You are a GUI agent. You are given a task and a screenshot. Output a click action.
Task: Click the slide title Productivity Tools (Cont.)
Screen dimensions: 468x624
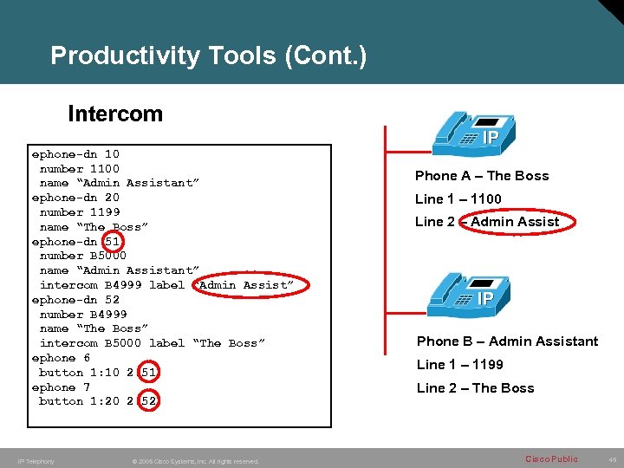point(208,56)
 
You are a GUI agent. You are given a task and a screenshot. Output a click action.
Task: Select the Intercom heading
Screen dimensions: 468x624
point(114,114)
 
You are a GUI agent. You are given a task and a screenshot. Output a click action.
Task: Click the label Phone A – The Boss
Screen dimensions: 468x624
point(482,176)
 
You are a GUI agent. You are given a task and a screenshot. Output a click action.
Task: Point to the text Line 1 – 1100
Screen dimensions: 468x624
point(458,199)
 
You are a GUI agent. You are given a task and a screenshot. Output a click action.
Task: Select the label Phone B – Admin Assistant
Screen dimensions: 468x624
point(507,341)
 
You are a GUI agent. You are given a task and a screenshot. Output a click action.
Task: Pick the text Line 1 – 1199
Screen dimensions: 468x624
point(459,365)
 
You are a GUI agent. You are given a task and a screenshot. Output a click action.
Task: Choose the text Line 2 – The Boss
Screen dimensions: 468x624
point(475,388)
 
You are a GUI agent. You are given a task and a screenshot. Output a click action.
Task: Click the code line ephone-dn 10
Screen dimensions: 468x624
point(75,154)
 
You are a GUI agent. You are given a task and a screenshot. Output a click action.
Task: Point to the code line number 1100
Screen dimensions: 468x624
point(80,169)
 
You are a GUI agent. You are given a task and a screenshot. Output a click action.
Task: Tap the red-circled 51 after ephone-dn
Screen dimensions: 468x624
point(113,242)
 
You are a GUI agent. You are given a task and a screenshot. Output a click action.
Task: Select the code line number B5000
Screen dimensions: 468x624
point(83,256)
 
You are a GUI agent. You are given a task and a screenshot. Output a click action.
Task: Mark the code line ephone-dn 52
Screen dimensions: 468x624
point(75,300)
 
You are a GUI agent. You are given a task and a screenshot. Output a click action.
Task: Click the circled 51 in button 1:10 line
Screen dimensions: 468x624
point(148,373)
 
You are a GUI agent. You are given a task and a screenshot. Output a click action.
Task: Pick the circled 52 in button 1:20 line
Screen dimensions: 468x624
point(148,401)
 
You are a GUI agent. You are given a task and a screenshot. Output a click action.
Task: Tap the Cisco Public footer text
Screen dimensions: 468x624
point(550,458)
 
